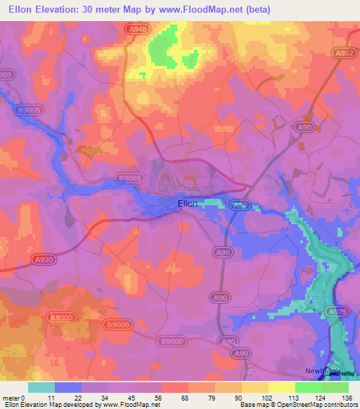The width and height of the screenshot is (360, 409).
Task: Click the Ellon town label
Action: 187,204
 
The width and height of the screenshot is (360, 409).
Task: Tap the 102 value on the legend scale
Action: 269,397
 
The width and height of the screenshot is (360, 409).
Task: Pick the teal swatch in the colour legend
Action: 41,387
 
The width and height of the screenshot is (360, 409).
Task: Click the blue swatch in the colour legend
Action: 67,387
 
